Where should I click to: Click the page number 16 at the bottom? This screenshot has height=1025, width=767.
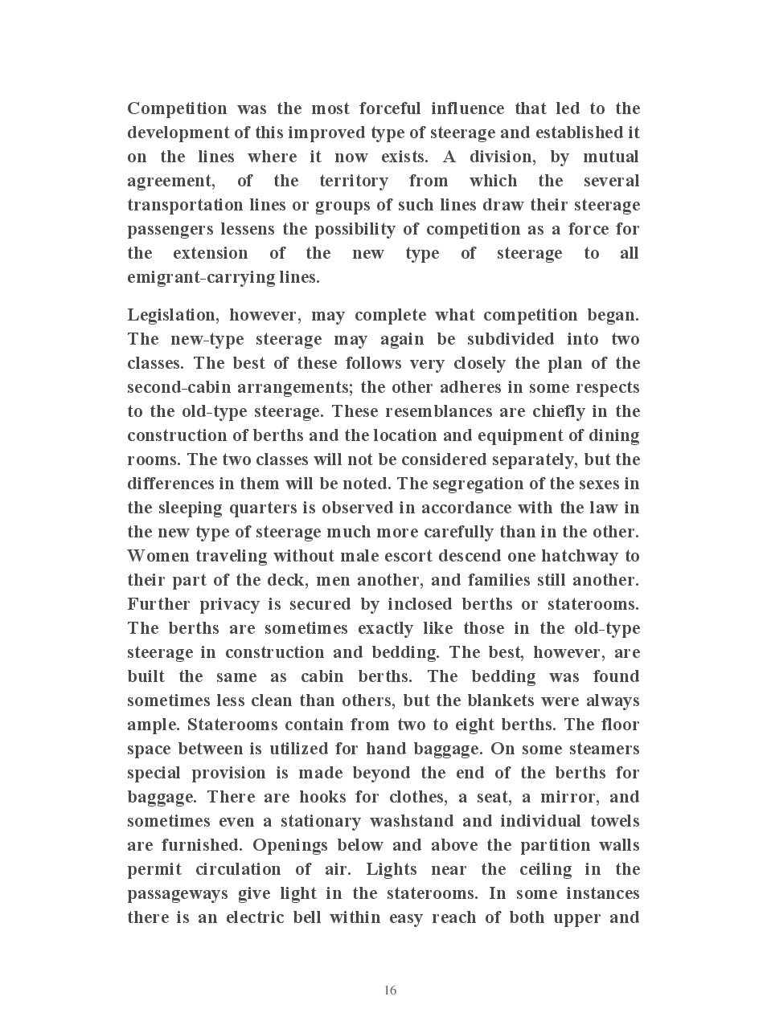pyautogui.click(x=390, y=990)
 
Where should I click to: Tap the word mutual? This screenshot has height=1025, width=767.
pyautogui.click(x=610, y=157)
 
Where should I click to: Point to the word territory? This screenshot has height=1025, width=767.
pyautogui.click(x=353, y=181)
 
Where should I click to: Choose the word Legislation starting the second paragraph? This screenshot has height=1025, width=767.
pyautogui.click(x=172, y=315)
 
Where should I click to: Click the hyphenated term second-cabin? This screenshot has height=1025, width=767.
pyautogui.click(x=186, y=387)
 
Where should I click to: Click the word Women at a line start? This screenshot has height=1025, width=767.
pyautogui.click(x=157, y=556)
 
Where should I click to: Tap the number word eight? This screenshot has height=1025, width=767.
pyautogui.click(x=474, y=725)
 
